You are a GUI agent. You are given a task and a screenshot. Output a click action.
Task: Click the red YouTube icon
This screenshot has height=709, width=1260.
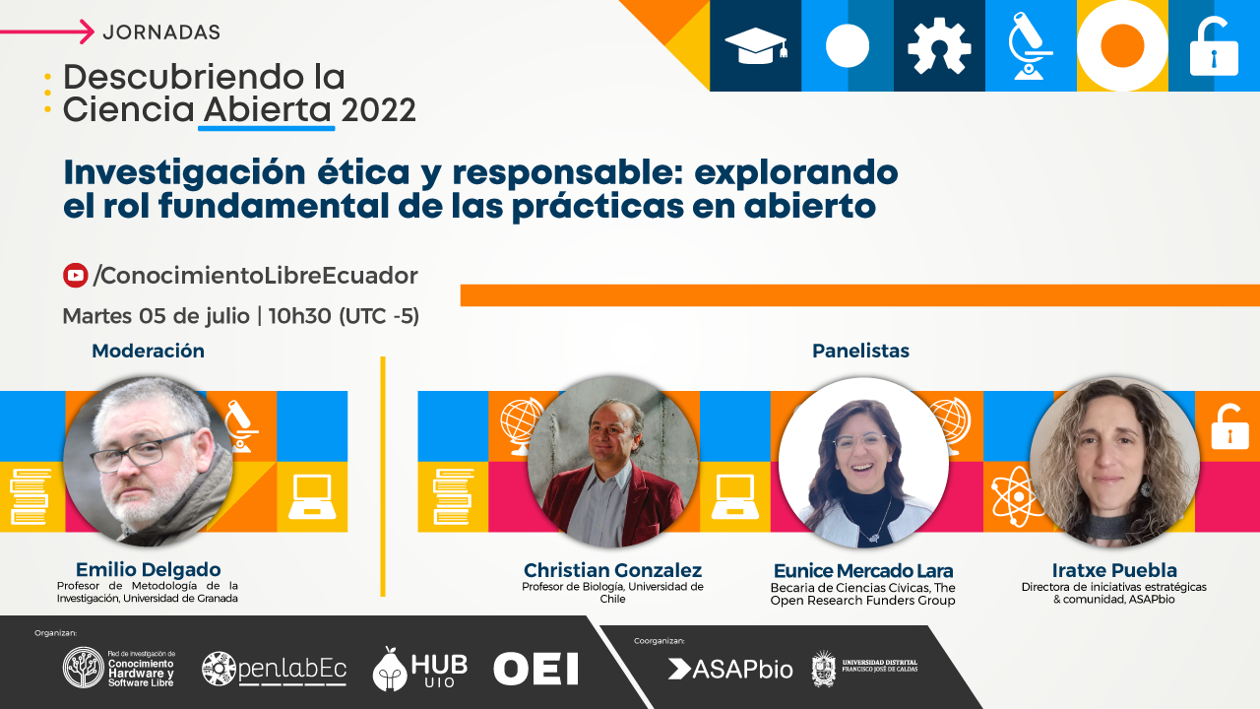pyautogui.click(x=75, y=275)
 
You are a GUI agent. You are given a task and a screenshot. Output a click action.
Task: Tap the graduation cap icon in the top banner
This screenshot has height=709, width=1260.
pyautogui.click(x=755, y=45)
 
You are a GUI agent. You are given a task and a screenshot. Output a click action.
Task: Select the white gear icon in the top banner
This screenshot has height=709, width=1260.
pyautogui.click(x=939, y=46)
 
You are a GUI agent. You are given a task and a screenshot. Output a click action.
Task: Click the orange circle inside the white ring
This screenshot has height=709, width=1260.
pyautogui.click(x=1122, y=45)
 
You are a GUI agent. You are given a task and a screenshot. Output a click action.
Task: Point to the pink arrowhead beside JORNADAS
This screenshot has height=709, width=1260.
pyautogui.click(x=87, y=32)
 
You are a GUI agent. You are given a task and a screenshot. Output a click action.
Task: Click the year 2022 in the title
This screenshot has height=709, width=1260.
pyautogui.click(x=378, y=109)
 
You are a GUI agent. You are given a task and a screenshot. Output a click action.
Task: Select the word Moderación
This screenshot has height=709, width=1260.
pyautogui.click(x=148, y=351)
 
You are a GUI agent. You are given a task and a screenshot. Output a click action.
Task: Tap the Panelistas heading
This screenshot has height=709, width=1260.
pyautogui.click(x=860, y=351)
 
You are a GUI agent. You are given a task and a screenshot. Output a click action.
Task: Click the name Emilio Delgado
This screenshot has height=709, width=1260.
pyautogui.click(x=148, y=569)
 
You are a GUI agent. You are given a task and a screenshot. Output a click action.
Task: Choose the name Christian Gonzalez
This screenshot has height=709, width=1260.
pyautogui.click(x=612, y=570)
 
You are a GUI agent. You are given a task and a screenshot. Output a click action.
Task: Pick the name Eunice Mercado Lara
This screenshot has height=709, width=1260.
pyautogui.click(x=863, y=570)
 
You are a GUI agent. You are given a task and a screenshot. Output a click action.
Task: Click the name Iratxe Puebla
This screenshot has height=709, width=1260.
pyautogui.click(x=1114, y=570)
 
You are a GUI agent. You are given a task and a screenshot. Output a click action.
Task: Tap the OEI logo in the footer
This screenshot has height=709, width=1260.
pyautogui.click(x=535, y=669)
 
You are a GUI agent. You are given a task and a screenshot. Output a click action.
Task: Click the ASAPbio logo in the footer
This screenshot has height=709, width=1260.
pyautogui.click(x=730, y=669)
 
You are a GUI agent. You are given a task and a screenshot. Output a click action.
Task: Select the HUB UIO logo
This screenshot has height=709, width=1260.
pyautogui.click(x=419, y=669)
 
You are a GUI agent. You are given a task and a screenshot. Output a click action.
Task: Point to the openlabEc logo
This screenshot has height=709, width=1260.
pyautogui.click(x=274, y=669)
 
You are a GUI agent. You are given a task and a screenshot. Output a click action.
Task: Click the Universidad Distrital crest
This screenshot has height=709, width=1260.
pyautogui.click(x=824, y=669)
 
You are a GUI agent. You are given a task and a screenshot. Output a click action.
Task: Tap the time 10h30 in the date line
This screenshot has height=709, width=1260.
pyautogui.click(x=300, y=316)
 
